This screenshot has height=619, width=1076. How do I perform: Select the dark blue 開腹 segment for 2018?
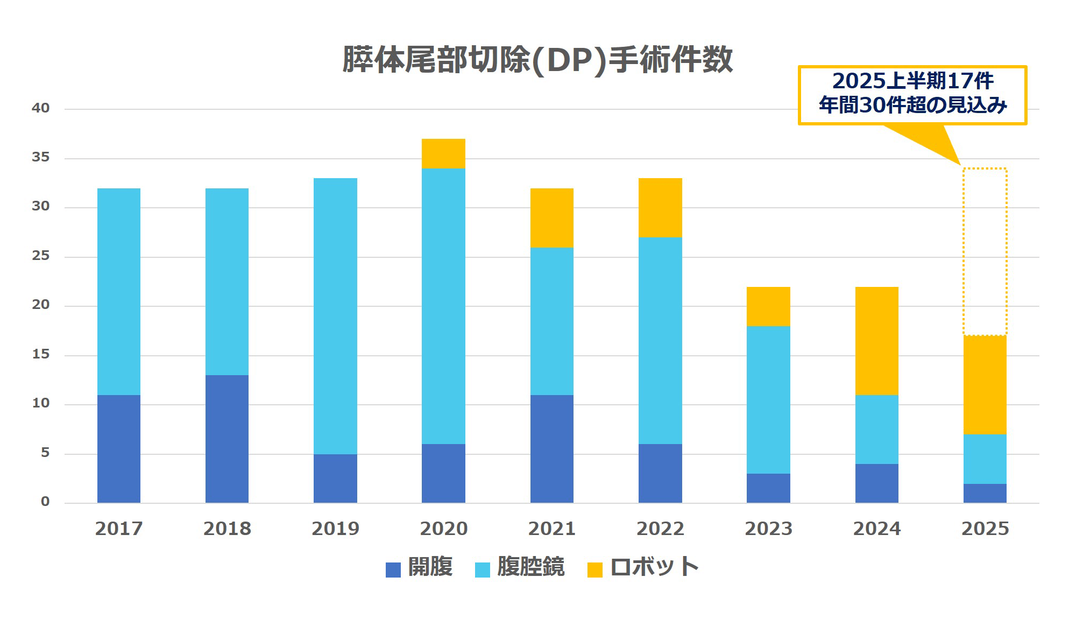[x=226, y=439]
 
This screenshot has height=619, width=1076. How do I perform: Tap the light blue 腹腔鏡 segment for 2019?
[x=335, y=316]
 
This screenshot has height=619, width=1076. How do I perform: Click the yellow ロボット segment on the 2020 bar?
[x=443, y=154]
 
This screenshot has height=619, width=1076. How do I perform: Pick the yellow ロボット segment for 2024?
[x=876, y=341]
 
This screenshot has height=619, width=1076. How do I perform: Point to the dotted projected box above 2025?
[x=985, y=251]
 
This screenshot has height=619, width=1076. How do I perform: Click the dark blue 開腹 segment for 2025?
[x=985, y=493]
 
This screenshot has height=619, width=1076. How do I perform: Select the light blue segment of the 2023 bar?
[x=768, y=399]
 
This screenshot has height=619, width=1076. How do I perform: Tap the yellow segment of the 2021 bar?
[x=551, y=218]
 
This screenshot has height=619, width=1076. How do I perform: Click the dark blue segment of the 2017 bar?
[x=118, y=449]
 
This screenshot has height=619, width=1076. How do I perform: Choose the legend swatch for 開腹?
[x=393, y=569]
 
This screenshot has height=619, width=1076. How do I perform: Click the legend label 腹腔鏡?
[x=530, y=567]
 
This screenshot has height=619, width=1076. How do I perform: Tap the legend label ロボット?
[x=654, y=567]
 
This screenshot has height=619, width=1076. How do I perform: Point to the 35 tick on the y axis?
[x=40, y=157]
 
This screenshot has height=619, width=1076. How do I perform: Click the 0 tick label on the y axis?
[x=45, y=502]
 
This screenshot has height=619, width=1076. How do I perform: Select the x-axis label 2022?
[x=660, y=529]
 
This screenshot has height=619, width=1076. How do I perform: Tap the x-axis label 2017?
[x=118, y=529]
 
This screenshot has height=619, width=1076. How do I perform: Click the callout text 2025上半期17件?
[x=912, y=81]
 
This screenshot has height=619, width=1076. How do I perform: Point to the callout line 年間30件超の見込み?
[x=912, y=105]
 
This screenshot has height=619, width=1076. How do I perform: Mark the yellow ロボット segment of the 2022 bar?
[x=660, y=208]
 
